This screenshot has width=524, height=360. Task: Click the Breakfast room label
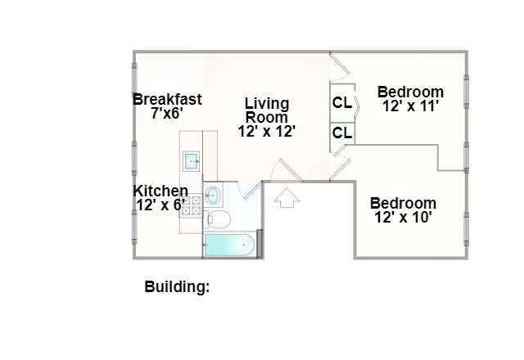pyautogui.click(x=167, y=100)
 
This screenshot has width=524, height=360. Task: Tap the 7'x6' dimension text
pyautogui.click(x=167, y=114)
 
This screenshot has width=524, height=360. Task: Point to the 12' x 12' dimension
pyautogui.click(x=267, y=130)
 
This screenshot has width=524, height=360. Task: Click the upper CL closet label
pyautogui.click(x=342, y=103)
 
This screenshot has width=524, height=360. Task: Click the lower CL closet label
pyautogui.click(x=342, y=133)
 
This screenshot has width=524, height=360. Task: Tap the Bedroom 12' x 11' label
pyautogui.click(x=411, y=98)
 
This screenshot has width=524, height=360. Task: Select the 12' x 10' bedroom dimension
pyautogui.click(x=402, y=218)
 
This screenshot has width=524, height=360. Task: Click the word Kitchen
pyautogui.click(x=160, y=191)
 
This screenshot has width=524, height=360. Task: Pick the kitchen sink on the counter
pyautogui.click(x=192, y=161)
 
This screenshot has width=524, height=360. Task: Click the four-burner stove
pyautogui.click(x=191, y=205)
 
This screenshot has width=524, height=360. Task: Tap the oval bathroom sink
pyautogui.click(x=213, y=195)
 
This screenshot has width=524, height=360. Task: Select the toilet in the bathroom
pyautogui.click(x=218, y=218)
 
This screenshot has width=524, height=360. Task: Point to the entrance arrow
pyautogui.click(x=286, y=197)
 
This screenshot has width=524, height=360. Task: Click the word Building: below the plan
pyautogui.click(x=177, y=287)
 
